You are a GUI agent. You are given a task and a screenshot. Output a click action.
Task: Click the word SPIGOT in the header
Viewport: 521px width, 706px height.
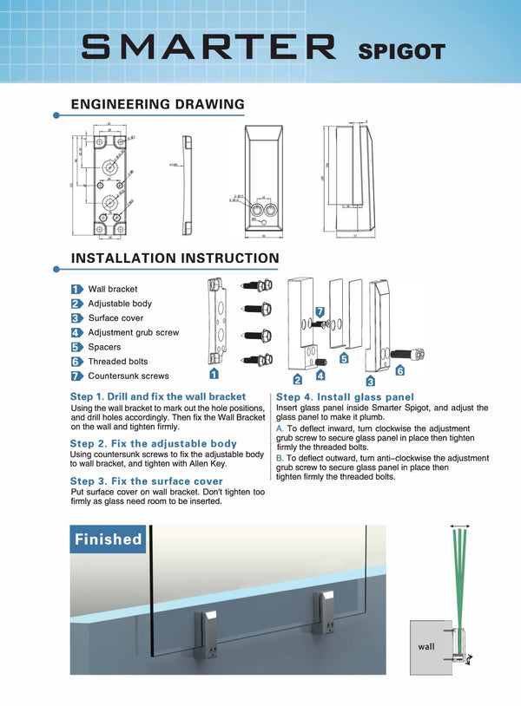(x=401, y=51)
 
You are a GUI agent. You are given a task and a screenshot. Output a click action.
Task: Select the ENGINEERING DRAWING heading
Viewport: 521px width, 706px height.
(x=157, y=104)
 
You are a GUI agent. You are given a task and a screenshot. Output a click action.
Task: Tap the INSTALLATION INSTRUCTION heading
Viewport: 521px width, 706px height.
(x=175, y=258)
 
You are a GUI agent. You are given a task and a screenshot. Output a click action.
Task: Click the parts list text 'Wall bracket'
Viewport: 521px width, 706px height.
(x=113, y=289)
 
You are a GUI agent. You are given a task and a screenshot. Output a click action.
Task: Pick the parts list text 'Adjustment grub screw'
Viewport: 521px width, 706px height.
(x=134, y=332)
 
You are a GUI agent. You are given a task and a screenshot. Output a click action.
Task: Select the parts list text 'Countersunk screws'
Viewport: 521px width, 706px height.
(x=129, y=376)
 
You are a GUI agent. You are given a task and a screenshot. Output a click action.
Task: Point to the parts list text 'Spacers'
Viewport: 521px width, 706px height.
(x=104, y=347)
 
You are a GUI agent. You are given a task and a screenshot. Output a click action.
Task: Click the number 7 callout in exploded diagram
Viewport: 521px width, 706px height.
(x=320, y=311)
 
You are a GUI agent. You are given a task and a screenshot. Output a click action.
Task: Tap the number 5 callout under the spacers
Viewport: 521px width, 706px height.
(x=344, y=358)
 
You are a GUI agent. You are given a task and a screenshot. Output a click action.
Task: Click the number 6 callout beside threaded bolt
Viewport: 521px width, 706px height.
(x=400, y=371)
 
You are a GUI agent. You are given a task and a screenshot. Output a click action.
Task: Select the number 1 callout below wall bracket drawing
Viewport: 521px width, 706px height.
(x=214, y=374)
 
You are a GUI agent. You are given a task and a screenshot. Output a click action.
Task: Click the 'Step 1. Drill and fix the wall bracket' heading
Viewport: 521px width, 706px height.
(x=158, y=396)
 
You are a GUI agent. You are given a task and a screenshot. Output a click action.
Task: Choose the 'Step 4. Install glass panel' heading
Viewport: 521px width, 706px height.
(x=346, y=396)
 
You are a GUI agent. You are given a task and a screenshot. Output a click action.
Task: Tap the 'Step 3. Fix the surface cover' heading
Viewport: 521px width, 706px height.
(x=147, y=480)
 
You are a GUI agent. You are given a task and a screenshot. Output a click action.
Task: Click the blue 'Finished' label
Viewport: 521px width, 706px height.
(x=108, y=539)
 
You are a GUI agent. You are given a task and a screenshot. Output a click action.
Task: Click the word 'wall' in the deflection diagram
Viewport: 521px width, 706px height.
(x=426, y=645)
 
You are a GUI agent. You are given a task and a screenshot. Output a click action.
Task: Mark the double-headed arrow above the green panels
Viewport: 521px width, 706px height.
(x=460, y=526)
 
